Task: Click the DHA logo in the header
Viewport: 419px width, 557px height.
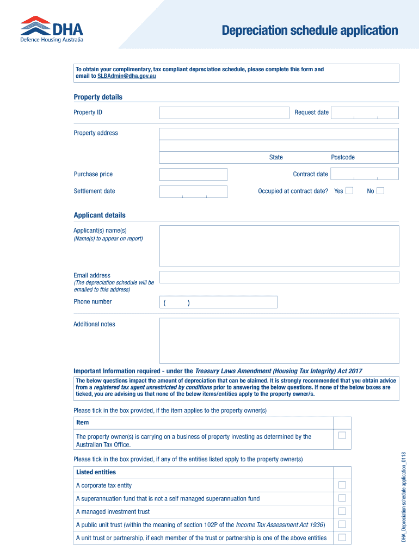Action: pyautogui.click(x=52, y=29)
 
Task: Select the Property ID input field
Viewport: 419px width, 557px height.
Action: pyautogui.click(x=224, y=113)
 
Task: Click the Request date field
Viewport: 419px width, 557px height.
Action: pyautogui.click(x=365, y=113)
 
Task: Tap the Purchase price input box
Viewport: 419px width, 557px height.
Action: pyautogui.click(x=193, y=174)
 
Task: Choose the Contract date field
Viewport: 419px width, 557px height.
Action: pyautogui.click(x=365, y=174)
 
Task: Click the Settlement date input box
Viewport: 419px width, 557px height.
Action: pyautogui.click(x=193, y=191)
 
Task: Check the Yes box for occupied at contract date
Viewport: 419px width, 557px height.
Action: pyautogui.click(x=349, y=191)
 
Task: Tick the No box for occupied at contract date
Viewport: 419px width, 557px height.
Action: pyautogui.click(x=380, y=191)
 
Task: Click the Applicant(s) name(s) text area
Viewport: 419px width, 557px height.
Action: pyautogui.click(x=279, y=246)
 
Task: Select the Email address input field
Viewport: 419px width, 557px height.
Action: pyautogui.click(x=279, y=277)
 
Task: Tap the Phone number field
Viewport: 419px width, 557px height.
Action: pyautogui.click(x=218, y=302)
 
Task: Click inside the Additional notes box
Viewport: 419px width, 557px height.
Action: pyautogui.click(x=279, y=340)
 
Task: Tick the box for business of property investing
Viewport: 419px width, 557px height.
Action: pyautogui.click(x=342, y=435)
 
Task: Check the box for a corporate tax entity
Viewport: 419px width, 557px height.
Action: pyautogui.click(x=342, y=485)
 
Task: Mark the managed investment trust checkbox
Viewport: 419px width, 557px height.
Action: pyautogui.click(x=342, y=511)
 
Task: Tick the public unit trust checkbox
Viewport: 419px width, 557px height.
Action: pyautogui.click(x=342, y=524)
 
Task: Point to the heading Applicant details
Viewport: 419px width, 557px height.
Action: pyautogui.click(x=100, y=215)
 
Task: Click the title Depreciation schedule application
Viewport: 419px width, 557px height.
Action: pyautogui.click(x=310, y=30)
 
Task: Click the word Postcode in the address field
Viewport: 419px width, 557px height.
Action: pyautogui.click(x=343, y=157)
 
